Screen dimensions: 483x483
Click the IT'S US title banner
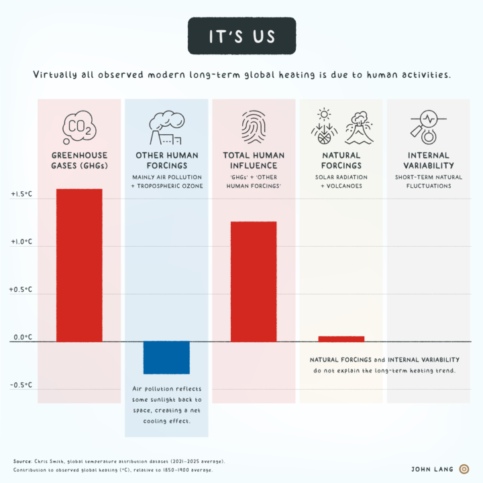[x=241, y=36]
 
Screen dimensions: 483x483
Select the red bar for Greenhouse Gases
[x=79, y=265]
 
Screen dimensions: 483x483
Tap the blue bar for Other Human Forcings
[x=166, y=358]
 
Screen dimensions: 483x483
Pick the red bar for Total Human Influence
[x=254, y=282]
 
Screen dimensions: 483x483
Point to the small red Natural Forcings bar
[x=341, y=339]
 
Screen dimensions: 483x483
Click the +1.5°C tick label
[x=21, y=195]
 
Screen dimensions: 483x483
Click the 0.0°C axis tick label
[x=21, y=337]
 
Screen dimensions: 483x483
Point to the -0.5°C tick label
[x=21, y=386]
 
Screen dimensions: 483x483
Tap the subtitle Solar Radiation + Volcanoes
[x=341, y=181]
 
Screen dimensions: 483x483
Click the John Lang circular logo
[x=464, y=469]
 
